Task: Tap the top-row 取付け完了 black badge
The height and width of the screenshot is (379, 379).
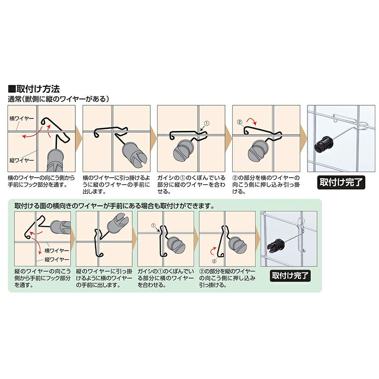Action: (x=341, y=182)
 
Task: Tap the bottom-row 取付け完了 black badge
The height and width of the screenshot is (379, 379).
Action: (x=290, y=276)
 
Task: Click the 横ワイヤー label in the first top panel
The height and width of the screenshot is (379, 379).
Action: (x=22, y=118)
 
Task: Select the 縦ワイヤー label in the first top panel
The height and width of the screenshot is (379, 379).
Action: (x=22, y=160)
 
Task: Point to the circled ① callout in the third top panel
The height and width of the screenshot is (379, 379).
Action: (x=206, y=123)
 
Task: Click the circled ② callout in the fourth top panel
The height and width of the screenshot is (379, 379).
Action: (x=240, y=122)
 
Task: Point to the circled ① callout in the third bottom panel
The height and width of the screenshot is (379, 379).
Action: (x=153, y=226)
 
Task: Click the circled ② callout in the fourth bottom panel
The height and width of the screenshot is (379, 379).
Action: (x=214, y=261)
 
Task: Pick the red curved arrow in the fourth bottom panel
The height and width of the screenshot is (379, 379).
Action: (x=213, y=251)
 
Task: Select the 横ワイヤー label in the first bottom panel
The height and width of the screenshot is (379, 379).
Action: (x=56, y=251)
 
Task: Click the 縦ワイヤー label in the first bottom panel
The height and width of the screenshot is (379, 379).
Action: (x=56, y=260)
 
